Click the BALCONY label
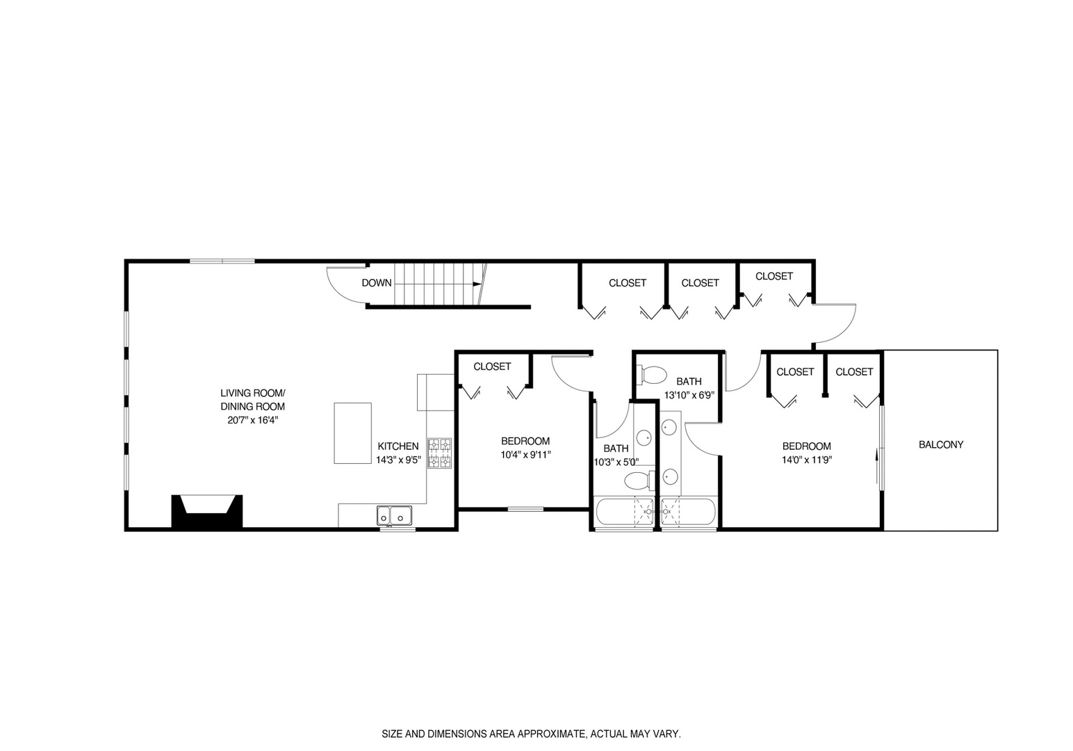tap(941, 444)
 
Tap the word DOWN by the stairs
tap(377, 283)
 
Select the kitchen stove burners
tap(439, 453)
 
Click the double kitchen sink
tap(394, 515)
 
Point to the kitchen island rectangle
tap(352, 433)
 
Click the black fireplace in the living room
tap(207, 512)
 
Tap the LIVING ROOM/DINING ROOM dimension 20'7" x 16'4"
tap(252, 420)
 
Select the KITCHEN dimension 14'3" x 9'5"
tap(398, 460)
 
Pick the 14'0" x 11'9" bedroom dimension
tap(807, 459)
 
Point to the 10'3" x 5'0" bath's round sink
tap(644, 438)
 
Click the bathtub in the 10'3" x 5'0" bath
tap(624, 512)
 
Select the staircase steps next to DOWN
tap(434, 284)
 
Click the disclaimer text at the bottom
tap(532, 734)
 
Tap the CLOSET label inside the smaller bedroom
tap(492, 366)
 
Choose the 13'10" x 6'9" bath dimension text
tap(689, 394)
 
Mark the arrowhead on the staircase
tap(477, 284)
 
